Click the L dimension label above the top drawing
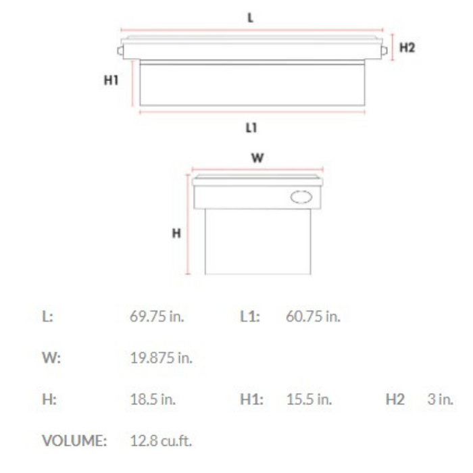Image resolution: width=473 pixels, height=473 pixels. (x=251, y=18)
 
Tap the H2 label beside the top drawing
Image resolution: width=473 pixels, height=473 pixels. (x=407, y=47)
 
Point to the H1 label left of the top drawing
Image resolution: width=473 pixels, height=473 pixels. (x=111, y=80)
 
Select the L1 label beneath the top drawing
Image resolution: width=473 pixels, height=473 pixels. (x=251, y=128)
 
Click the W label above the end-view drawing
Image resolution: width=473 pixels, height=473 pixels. (x=257, y=157)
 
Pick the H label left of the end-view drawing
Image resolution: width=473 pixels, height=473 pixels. (x=176, y=233)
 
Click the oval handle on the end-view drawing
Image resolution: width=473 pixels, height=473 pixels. (x=301, y=197)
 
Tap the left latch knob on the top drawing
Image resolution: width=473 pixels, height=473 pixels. (x=120, y=51)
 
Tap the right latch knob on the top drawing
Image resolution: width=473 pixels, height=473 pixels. (x=384, y=51)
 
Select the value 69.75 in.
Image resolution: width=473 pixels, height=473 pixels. (x=157, y=316)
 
